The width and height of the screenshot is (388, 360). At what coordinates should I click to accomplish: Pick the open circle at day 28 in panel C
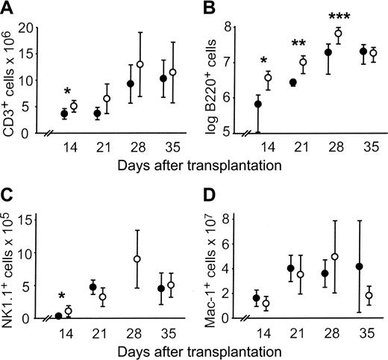137,258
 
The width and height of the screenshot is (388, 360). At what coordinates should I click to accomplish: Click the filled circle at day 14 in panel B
257,104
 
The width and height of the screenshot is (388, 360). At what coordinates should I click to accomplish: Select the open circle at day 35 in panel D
369,296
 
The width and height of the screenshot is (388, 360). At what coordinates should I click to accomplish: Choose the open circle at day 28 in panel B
338,33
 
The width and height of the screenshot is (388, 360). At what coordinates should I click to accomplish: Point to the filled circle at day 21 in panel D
290,268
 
